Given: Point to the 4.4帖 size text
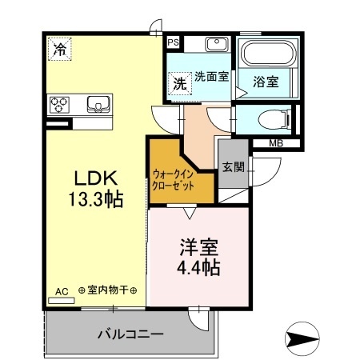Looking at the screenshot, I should click(198, 266).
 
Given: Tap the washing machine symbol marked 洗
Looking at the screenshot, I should click(179, 82).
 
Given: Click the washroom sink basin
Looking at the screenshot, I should click(214, 44).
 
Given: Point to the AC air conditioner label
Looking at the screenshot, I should click(61, 291).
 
